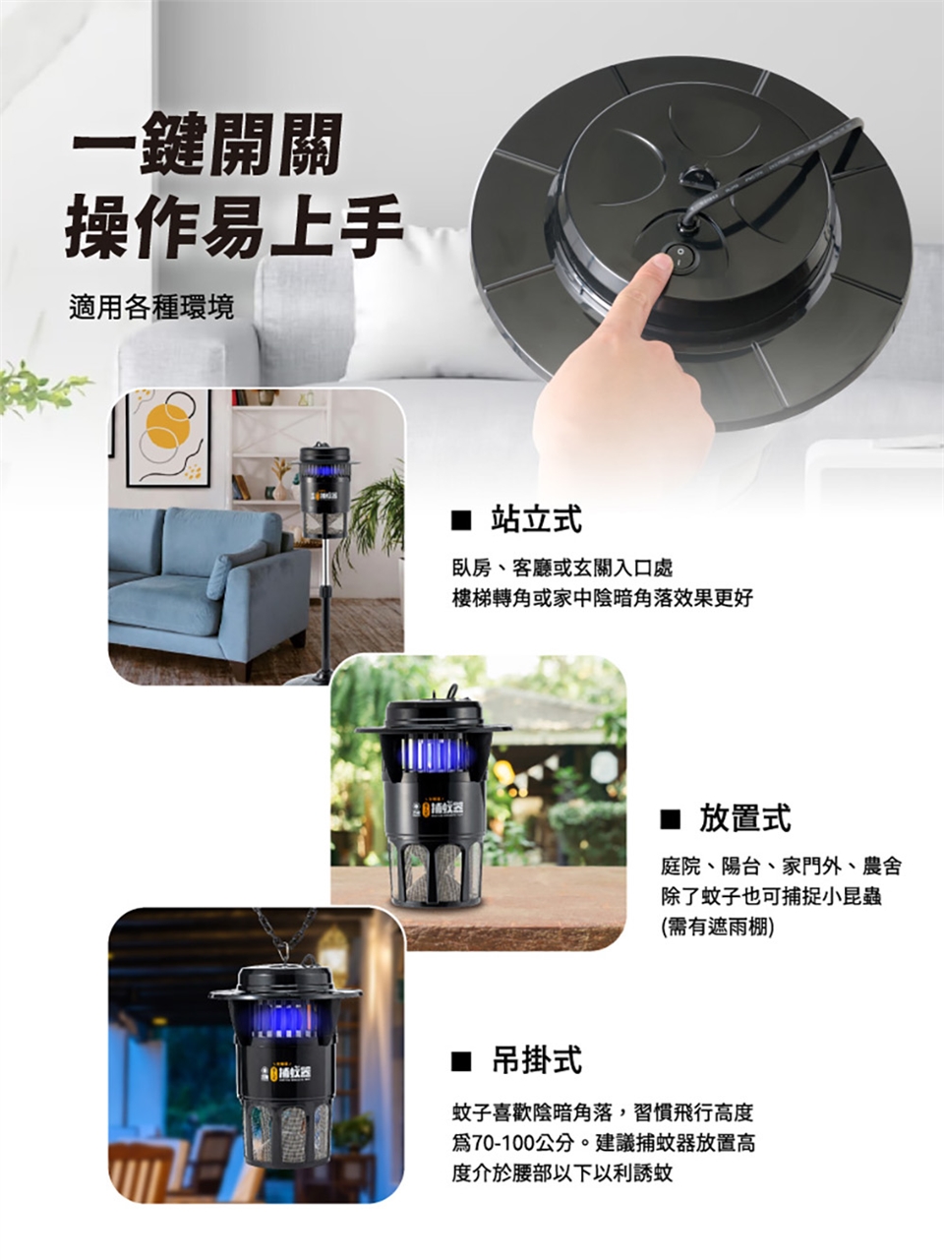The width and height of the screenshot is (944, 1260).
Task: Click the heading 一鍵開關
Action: point(207,144)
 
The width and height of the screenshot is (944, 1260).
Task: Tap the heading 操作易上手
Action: point(234,226)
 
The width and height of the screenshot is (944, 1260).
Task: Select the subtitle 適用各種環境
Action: point(151,307)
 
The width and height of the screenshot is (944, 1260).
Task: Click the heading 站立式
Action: point(537,519)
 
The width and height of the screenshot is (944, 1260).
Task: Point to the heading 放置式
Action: point(744,817)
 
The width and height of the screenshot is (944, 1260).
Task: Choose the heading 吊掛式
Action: point(537,1059)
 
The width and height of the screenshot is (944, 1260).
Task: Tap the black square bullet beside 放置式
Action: point(670,819)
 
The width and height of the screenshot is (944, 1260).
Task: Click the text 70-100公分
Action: point(522,1142)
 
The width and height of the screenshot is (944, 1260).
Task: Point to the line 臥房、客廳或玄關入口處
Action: point(561,569)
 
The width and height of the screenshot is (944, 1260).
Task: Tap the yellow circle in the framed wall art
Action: point(167,425)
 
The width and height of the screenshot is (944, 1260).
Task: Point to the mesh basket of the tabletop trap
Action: point(437,871)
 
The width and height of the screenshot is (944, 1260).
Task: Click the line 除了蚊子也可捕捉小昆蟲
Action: point(771,897)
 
